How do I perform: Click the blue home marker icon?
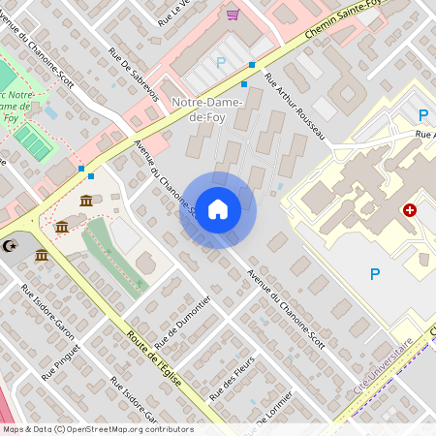point(218,209)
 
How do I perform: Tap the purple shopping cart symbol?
point(233,14)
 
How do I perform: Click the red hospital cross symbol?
point(410,209)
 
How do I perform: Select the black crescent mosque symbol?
point(12,247)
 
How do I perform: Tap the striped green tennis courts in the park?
point(31,142)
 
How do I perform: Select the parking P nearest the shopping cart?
point(220,62)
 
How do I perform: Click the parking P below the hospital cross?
point(375,274)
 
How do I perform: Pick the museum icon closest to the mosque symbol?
point(42,255)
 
